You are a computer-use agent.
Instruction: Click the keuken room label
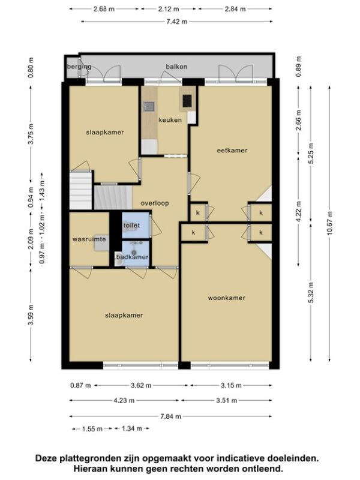(170, 120)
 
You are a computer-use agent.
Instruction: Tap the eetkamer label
(232, 151)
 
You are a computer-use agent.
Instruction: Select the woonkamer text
(227, 298)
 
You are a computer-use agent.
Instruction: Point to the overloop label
(155, 203)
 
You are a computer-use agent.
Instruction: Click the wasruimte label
(89, 239)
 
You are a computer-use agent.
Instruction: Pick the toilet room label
(131, 226)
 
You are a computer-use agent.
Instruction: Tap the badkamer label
(132, 257)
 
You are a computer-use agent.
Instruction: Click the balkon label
(176, 67)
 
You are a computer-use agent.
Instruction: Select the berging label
(79, 67)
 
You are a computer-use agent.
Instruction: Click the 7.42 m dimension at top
(177, 22)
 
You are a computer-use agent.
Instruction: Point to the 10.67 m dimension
(329, 223)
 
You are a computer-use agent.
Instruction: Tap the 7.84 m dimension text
(171, 416)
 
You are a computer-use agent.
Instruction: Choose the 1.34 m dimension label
(132, 428)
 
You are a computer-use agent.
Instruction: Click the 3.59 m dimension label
(31, 316)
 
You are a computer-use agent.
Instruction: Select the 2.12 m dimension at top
(169, 9)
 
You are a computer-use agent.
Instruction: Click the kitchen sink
(149, 106)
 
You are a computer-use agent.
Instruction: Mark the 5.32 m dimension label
(311, 293)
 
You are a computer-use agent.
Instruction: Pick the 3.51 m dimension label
(227, 400)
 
